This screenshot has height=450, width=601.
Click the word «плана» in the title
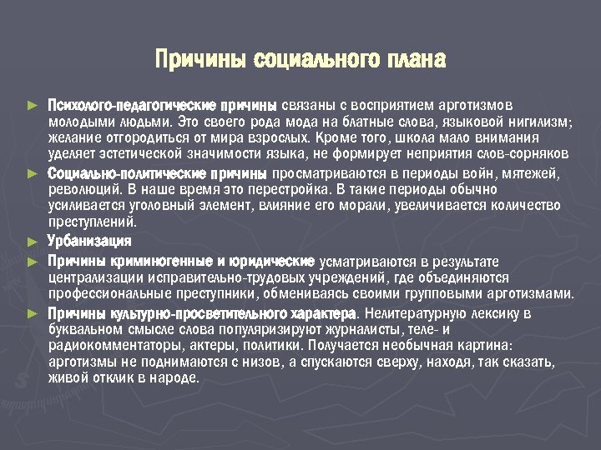[415, 60]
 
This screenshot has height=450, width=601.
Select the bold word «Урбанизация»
[89, 242]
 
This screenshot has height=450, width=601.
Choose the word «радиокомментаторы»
[110, 346]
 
